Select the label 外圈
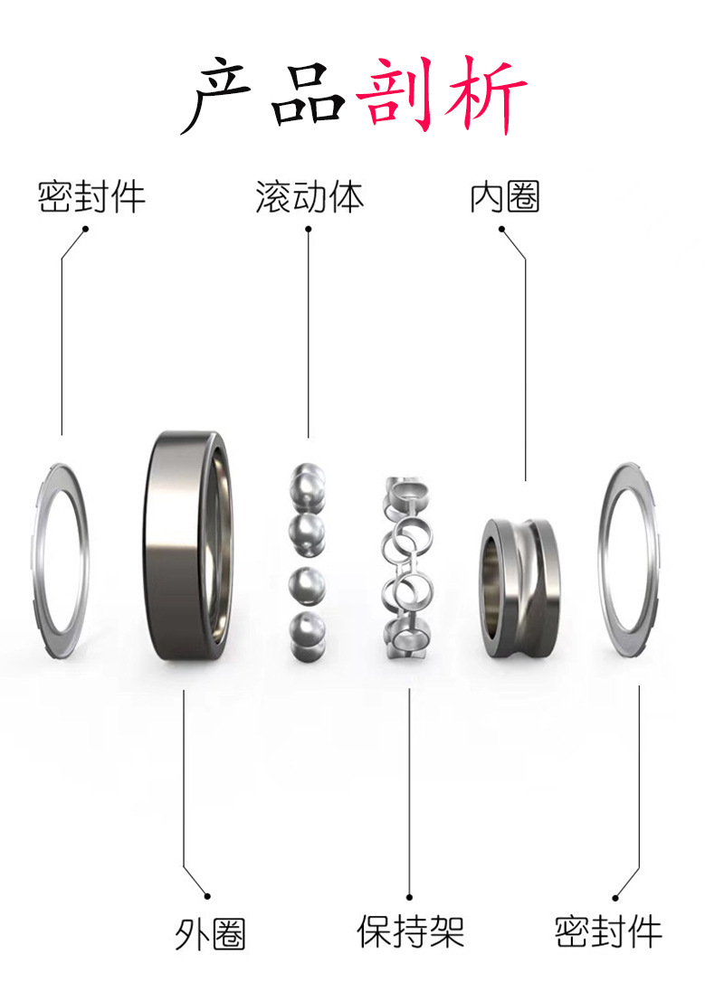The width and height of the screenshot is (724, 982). coord(210,932)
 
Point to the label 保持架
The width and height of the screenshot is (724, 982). coord(410,930)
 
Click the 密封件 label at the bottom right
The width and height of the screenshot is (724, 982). coord(608,930)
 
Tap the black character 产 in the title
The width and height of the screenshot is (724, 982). coord(220,94)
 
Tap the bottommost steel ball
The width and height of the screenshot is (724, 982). coord(308,629)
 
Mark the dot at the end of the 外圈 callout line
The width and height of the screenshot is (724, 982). coord(207,895)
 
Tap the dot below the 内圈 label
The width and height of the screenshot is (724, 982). coord(501,230)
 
